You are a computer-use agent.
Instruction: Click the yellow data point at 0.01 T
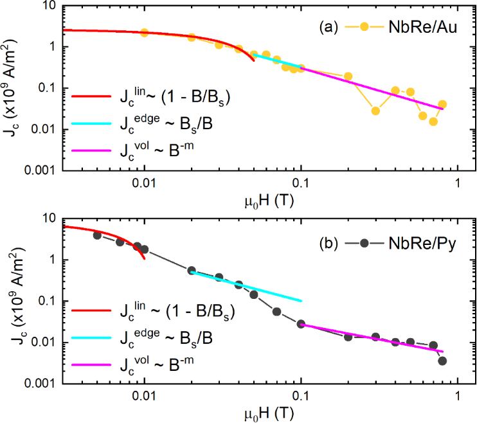coord(144,33)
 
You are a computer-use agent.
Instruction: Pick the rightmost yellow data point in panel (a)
coord(442,104)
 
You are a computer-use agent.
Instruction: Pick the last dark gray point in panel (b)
coord(442,361)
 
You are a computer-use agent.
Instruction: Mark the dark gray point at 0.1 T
coord(301,324)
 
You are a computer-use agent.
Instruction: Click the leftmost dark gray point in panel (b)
coord(97,235)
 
